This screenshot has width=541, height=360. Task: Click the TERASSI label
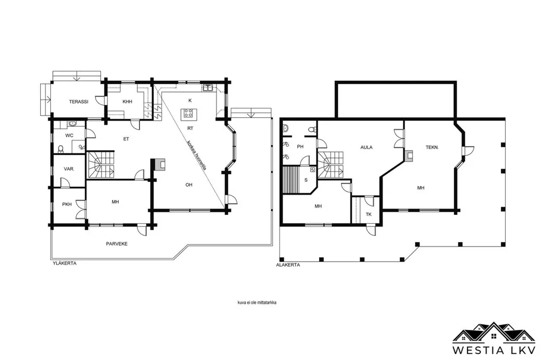[x=79, y=102]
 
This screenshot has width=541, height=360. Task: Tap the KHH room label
[x=127, y=102]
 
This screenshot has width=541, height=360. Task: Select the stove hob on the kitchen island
[x=189, y=113]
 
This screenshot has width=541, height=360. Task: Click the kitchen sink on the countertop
[x=208, y=88]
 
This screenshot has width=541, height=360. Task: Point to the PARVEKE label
[x=117, y=244]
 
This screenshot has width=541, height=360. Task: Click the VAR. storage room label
[x=69, y=169]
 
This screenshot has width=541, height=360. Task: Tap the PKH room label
[x=67, y=204]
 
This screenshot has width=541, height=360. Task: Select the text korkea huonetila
[x=197, y=155]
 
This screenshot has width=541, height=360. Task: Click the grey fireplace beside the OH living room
[x=160, y=165]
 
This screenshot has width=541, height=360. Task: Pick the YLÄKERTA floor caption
[x=64, y=263]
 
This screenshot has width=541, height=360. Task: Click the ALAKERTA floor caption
[x=288, y=265]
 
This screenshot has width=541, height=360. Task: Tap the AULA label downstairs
[x=367, y=147]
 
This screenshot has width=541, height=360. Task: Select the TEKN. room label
[x=432, y=147]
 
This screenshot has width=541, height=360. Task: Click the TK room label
[x=368, y=214]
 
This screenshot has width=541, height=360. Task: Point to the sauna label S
[x=306, y=180]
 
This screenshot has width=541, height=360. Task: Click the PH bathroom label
[x=300, y=147]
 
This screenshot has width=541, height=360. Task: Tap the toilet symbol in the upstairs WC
[x=61, y=149]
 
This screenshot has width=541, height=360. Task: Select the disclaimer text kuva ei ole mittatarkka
[x=257, y=303]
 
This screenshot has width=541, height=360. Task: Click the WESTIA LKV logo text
[x=494, y=350]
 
